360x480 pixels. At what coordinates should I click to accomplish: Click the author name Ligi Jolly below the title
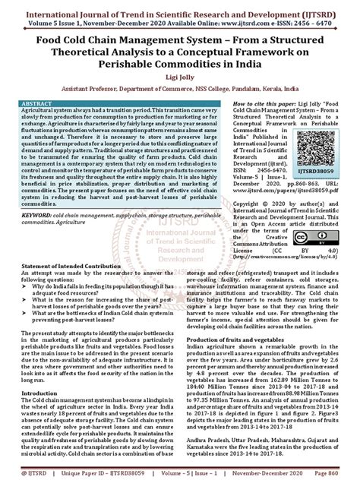click(x=179, y=77)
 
